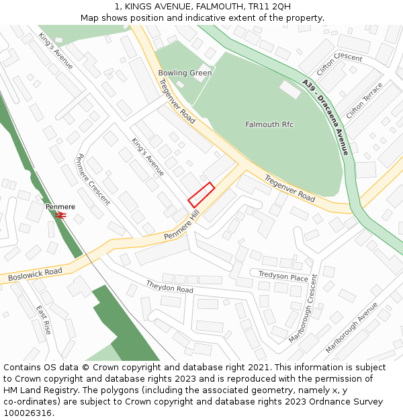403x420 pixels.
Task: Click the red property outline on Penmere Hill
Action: [201, 195]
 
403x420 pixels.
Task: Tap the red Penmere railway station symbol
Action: [60, 215]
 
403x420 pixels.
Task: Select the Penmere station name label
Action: [60, 206]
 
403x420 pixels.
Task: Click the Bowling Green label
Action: [185, 73]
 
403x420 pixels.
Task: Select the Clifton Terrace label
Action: [365, 101]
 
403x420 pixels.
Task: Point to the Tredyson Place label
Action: [283, 276]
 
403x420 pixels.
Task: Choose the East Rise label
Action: [44, 320]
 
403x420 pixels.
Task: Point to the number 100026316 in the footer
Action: [26, 413]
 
